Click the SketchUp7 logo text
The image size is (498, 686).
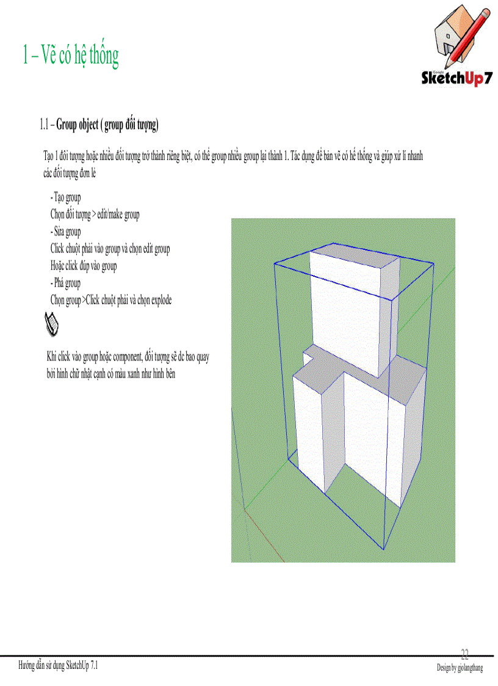pyautogui.click(x=457, y=79)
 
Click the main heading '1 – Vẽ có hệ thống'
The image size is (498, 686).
pyautogui.click(x=70, y=56)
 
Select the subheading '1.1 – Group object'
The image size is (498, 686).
pyautogui.click(x=99, y=125)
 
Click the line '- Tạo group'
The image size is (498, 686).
pyautogui.click(x=65, y=198)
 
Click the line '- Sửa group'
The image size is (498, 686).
pyautogui.click(x=65, y=232)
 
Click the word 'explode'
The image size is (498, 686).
pyautogui.click(x=158, y=301)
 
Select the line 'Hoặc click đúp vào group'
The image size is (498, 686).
pyautogui.click(x=84, y=266)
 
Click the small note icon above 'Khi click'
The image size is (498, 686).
pyautogui.click(x=52, y=323)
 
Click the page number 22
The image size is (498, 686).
pyautogui.click(x=465, y=654)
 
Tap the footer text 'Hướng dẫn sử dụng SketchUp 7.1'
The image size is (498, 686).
pyautogui.click(x=58, y=666)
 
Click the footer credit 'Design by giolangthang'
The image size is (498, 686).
pyautogui.click(x=460, y=668)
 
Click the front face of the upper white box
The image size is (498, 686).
pyautogui.click(x=345, y=312)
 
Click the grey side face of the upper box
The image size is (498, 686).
pyautogui.click(x=389, y=318)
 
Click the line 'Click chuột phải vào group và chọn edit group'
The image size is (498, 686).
pyautogui.click(x=110, y=249)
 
